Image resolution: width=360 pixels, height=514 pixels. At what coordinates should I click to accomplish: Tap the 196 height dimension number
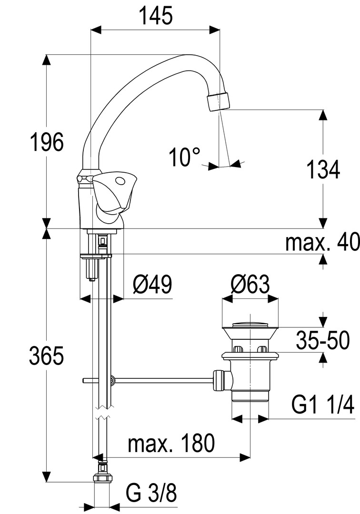46,142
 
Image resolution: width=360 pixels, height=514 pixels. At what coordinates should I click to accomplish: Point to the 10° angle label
185,157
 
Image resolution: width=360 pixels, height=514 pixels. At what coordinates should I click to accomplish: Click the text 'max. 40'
322,243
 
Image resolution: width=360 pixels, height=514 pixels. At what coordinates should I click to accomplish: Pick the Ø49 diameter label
152,285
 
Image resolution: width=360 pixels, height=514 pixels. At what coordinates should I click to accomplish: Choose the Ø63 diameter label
250,285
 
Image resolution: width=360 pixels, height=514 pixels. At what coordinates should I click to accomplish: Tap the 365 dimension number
46,356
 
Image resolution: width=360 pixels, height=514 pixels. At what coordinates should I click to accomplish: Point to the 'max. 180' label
171,444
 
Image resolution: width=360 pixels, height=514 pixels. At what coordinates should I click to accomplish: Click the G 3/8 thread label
151,494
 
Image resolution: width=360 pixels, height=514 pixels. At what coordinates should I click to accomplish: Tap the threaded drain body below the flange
250,381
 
